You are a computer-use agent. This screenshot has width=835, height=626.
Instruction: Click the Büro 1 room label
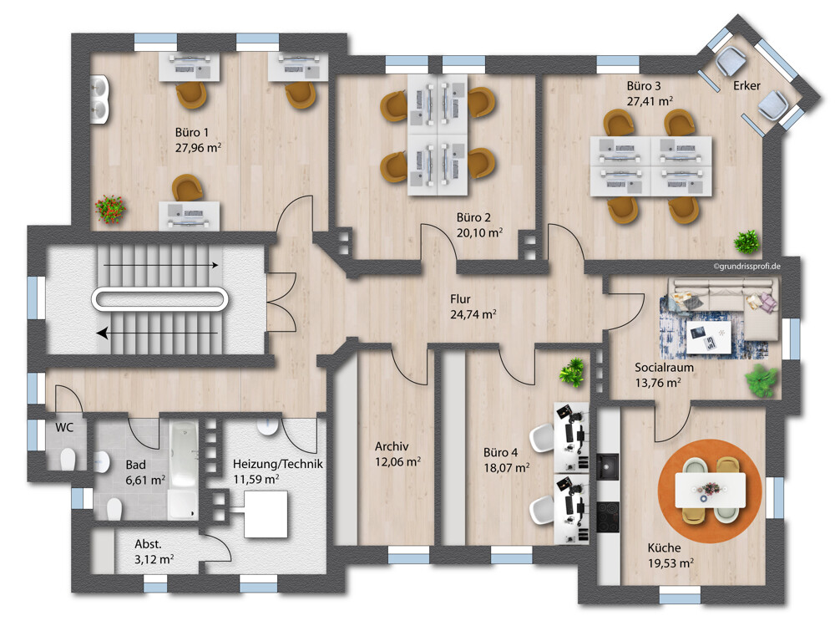[x=192, y=132]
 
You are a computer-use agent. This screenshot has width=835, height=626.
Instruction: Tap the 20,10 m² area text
[x=479, y=233]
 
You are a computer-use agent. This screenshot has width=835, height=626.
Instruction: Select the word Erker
[x=746, y=85]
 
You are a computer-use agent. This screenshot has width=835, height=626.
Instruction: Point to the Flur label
[x=460, y=299]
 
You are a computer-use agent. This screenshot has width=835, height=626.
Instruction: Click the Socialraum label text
[x=664, y=368]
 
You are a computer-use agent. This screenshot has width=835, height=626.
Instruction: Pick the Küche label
[x=664, y=547]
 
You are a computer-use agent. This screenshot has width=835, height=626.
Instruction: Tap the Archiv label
[x=392, y=446]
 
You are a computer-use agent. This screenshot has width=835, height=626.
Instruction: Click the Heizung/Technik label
[x=277, y=465]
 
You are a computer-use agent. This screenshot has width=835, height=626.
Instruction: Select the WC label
[x=64, y=428]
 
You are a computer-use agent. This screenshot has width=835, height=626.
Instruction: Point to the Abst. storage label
[x=148, y=544]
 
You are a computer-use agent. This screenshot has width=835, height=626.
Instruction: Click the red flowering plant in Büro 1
[x=110, y=209]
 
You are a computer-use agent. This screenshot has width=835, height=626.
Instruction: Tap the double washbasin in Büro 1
[x=99, y=99]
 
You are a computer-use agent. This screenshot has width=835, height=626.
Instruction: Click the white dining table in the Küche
[x=710, y=490]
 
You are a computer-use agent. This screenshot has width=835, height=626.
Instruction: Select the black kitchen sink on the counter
[x=607, y=466]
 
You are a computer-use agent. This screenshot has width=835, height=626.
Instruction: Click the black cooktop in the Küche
[x=608, y=517]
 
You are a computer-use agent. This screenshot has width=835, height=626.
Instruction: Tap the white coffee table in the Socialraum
[x=708, y=337]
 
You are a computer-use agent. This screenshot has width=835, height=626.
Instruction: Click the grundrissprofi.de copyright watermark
[x=747, y=266]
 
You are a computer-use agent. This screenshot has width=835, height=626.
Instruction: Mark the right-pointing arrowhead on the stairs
[x=215, y=265]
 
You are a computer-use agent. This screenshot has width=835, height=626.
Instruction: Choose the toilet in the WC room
[x=68, y=459]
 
